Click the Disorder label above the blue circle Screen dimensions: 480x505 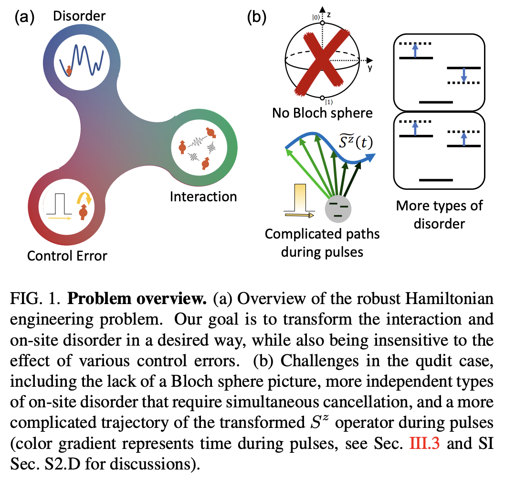coord(79,17)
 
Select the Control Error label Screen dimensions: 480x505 coord(67,256)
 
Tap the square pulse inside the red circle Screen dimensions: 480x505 coord(58,204)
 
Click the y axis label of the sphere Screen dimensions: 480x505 coord(370,68)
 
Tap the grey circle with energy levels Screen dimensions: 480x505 coord(338,209)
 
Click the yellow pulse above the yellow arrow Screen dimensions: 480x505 coord(298,196)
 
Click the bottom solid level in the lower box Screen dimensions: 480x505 coord(435,180)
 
